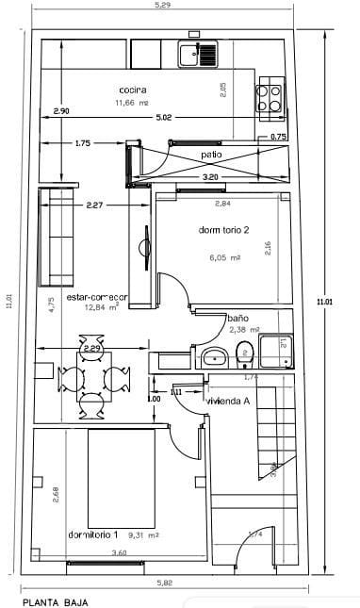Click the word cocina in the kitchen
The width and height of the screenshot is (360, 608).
point(131,90)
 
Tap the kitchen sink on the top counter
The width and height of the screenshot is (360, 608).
point(198,54)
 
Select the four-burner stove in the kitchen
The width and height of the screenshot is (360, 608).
point(268,98)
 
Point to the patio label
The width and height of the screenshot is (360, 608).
point(210,154)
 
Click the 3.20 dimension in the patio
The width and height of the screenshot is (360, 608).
point(209,176)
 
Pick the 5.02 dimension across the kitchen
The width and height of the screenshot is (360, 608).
point(164,117)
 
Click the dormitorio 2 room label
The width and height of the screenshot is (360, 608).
point(224,231)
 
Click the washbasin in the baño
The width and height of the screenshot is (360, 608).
point(214,356)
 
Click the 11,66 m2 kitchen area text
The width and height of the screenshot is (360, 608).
point(132,103)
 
